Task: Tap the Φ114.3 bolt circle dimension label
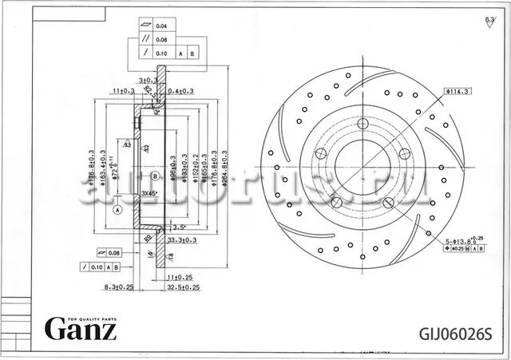coord(458,92)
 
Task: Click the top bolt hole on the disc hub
coord(362,124)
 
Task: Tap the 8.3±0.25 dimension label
coord(117,287)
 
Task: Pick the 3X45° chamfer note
coord(149,193)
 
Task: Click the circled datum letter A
coord(117,210)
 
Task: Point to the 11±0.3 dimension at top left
coord(123,91)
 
